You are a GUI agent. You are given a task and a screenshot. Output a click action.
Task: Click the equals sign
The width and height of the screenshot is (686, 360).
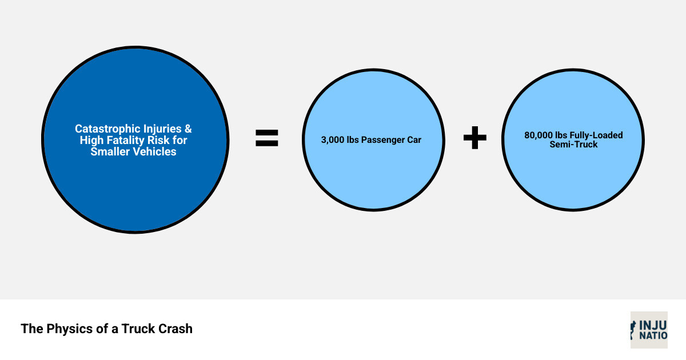(x=266, y=138)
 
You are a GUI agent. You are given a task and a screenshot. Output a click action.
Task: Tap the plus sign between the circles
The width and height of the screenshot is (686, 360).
(x=474, y=138)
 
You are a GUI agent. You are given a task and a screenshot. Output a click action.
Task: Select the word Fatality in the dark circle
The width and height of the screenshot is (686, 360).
(x=126, y=140)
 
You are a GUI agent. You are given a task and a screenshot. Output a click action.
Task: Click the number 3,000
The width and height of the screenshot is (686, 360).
(x=333, y=140)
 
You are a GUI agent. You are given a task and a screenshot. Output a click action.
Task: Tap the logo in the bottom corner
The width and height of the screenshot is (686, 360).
(x=649, y=330)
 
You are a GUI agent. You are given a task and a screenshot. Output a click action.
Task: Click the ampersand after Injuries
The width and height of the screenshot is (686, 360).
(x=188, y=129)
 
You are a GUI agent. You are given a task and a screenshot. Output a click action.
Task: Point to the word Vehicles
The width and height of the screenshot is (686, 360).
(x=154, y=151)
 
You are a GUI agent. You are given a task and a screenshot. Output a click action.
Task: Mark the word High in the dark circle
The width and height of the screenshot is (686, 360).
(x=91, y=140)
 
